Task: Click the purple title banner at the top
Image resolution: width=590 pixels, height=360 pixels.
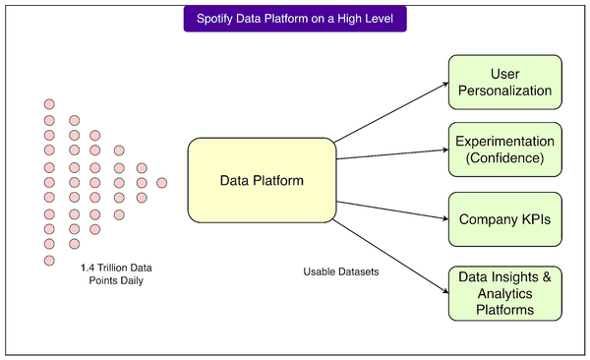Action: (294, 19)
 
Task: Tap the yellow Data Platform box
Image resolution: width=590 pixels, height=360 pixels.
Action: (261, 181)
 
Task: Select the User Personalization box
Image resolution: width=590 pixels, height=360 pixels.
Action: (505, 84)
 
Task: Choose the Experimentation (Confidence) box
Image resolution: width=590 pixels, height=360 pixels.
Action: (505, 149)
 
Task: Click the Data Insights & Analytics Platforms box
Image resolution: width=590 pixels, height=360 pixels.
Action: (505, 292)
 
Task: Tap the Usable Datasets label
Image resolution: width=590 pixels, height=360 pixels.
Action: (338, 270)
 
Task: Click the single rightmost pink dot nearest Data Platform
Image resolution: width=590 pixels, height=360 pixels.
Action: (162, 183)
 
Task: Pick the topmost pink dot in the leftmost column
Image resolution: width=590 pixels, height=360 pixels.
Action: (49, 104)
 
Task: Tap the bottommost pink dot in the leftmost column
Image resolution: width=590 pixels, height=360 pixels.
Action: (49, 260)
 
